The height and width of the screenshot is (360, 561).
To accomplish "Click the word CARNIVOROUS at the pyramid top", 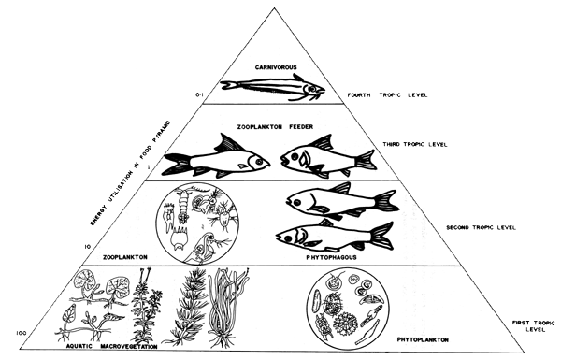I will [x=278, y=67].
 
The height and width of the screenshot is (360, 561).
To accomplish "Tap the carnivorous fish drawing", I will [x=272, y=89].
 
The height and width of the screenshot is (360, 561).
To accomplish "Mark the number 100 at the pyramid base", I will [x=21, y=333].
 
